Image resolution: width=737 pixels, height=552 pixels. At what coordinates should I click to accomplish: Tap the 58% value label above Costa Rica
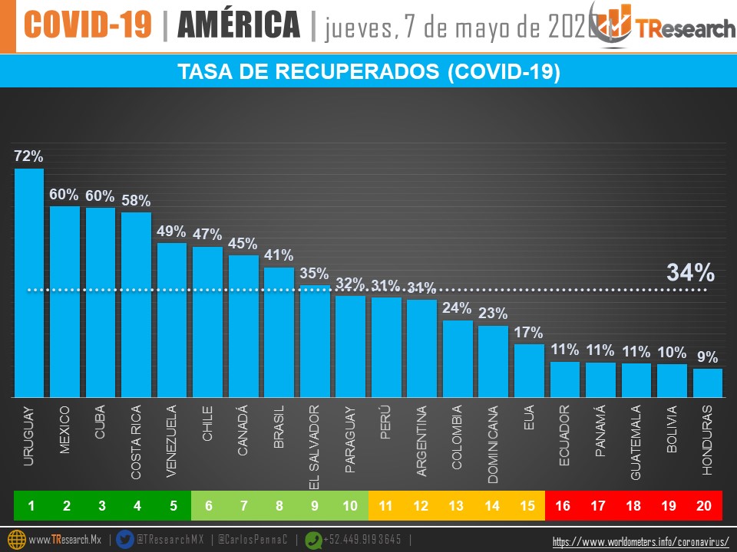click(136, 201)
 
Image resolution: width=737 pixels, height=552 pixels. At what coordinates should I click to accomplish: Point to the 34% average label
click(690, 272)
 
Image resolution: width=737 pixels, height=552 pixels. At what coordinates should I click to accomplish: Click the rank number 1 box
click(31, 505)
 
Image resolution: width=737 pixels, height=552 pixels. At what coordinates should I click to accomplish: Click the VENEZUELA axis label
click(172, 442)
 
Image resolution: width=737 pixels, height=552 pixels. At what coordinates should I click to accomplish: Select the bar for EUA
click(529, 370)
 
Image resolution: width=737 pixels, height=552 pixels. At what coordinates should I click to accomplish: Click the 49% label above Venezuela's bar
click(172, 232)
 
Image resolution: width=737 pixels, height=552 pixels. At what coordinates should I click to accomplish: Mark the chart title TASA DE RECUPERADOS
click(368, 72)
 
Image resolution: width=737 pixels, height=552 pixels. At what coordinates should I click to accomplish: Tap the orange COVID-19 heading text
click(88, 25)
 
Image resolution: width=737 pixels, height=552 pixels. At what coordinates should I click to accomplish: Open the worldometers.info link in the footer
click(640, 541)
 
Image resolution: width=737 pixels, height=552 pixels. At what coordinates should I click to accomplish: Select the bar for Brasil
click(279, 331)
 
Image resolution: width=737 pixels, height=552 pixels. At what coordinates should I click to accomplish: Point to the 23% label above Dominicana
click(493, 314)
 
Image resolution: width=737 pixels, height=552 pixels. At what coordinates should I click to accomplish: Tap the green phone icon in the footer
click(314, 539)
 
